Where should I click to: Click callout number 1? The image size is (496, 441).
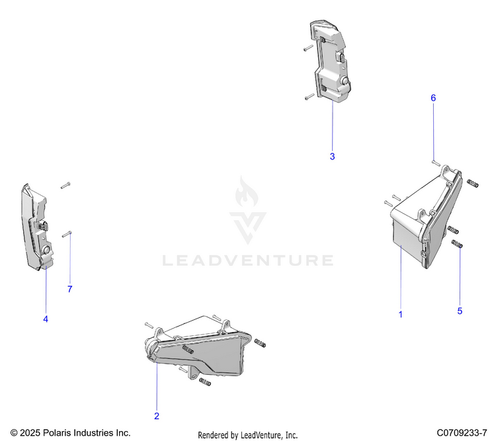point(400,315)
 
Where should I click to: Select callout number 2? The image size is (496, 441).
point(157,416)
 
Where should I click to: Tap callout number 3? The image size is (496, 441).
point(332,157)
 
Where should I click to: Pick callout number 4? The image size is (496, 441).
point(46,319)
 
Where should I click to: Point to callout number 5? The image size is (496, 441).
point(460,310)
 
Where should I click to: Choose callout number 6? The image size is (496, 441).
point(433,98)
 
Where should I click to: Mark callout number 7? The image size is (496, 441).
point(69,289)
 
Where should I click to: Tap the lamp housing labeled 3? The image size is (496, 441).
point(329,63)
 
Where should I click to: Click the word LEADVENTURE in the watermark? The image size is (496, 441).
point(248,260)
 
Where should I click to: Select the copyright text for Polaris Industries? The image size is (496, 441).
point(71,432)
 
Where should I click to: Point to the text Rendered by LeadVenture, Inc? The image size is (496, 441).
point(248,434)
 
